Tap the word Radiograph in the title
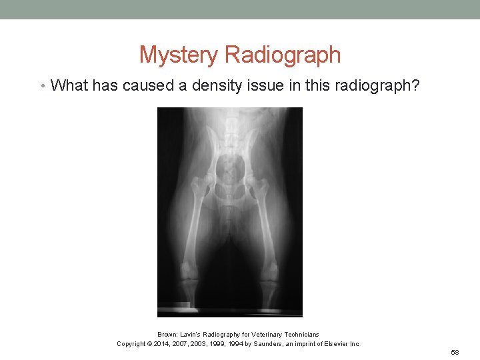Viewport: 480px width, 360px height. (283, 55)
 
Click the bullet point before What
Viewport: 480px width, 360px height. (42, 86)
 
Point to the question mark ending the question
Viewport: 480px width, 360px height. (417, 85)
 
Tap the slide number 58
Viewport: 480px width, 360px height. (455, 352)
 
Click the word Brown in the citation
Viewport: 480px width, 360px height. (167, 334)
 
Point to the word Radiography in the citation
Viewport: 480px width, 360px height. (222, 334)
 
